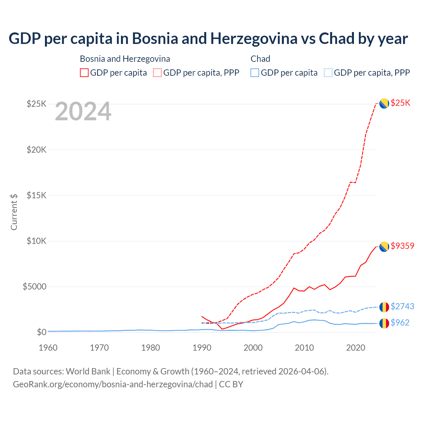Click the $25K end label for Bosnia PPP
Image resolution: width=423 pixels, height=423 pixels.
tap(400, 103)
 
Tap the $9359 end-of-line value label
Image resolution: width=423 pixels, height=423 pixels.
tap(402, 246)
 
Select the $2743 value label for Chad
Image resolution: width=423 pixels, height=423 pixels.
tap(402, 307)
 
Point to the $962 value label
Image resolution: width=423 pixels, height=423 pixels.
tap(400, 323)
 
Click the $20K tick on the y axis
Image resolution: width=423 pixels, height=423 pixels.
tap(37, 150)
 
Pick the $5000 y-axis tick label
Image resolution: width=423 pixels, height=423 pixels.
tap(35, 287)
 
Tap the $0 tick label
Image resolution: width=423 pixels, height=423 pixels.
tap(41, 332)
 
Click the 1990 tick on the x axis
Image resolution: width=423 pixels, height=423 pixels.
tap(202, 348)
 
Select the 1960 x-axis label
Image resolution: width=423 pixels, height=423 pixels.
tap(48, 348)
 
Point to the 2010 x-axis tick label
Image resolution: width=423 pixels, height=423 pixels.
tap(304, 348)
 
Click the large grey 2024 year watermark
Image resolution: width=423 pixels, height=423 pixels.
tap(83, 112)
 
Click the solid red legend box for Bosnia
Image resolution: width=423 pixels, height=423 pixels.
tap(84, 73)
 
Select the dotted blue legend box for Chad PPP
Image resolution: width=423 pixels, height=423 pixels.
tap(328, 73)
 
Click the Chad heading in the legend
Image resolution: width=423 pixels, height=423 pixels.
tap(260, 59)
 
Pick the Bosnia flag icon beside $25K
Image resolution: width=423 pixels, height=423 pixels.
tap(384, 103)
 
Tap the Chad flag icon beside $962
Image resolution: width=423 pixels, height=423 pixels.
tap(384, 323)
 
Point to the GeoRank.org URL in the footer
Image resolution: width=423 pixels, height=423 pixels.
tap(113, 384)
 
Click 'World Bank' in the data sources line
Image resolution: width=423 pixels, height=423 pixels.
tap(88, 371)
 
